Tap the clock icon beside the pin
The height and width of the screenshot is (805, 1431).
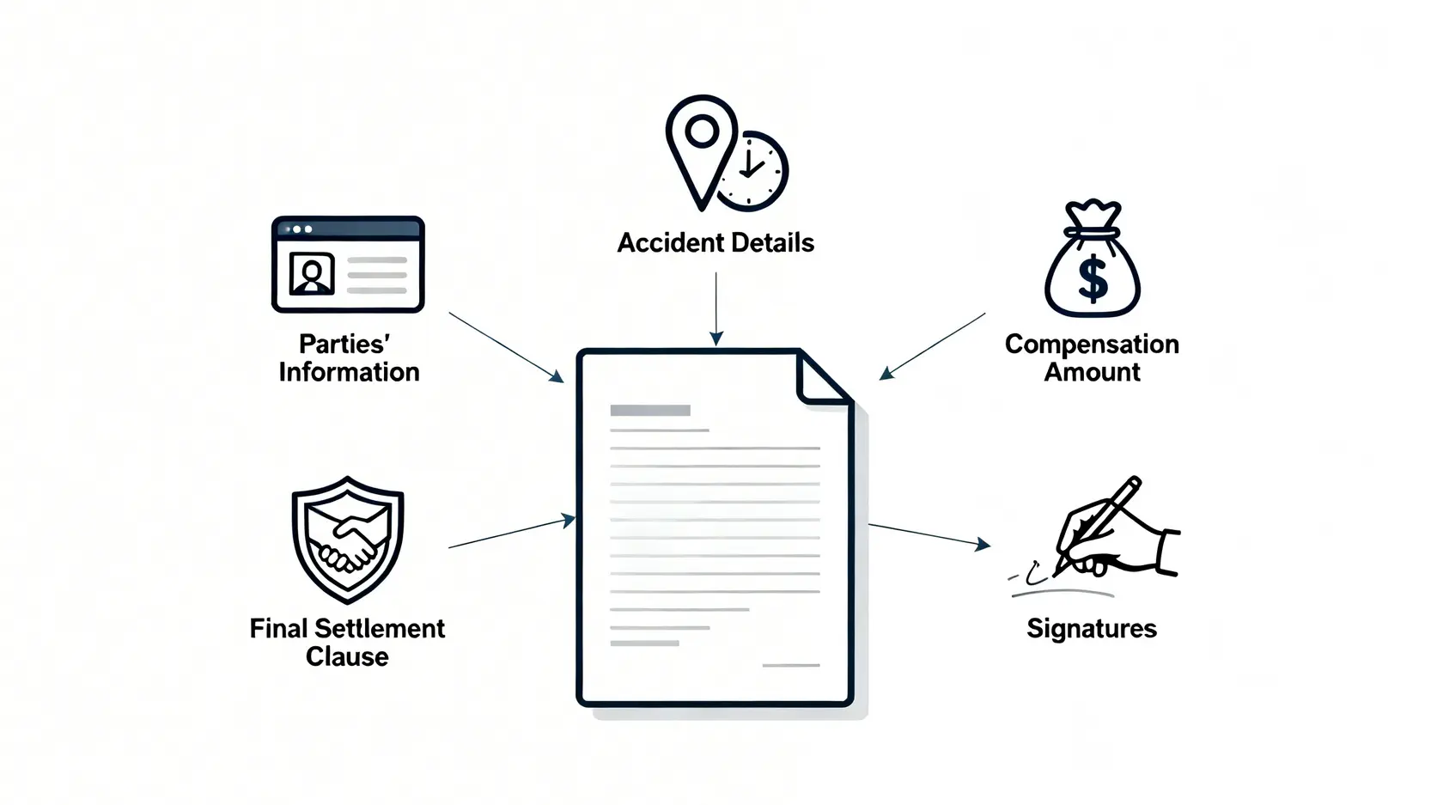(x=754, y=172)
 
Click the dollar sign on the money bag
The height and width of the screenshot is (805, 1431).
(x=1093, y=279)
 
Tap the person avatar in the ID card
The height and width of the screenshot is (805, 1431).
(x=312, y=274)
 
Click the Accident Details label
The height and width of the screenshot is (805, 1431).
(x=715, y=243)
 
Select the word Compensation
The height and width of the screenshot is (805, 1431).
(x=1092, y=345)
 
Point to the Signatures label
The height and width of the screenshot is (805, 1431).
(x=1092, y=629)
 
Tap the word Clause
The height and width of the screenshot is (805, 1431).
(x=347, y=657)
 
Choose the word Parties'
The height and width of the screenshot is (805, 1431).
(x=344, y=345)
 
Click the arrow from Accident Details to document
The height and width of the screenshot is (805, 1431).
(x=715, y=309)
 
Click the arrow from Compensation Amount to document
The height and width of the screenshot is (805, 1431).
(x=932, y=345)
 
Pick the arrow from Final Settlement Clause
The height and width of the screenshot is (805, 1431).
(x=512, y=533)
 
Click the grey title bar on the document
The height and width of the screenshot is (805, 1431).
(x=650, y=411)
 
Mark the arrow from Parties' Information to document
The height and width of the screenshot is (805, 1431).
(x=507, y=347)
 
